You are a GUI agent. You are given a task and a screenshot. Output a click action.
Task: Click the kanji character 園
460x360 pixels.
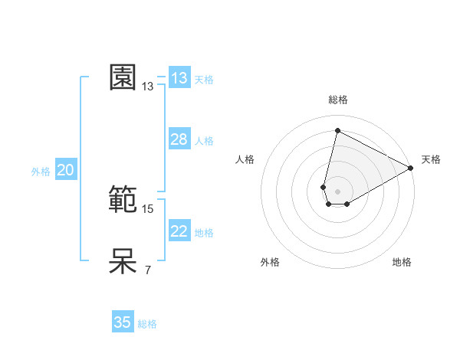pyautogui.click(x=123, y=77)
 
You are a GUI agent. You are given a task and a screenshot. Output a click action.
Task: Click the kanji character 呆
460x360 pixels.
pyautogui.click(x=123, y=261)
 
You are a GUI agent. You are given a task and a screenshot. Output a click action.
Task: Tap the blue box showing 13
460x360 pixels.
pyautogui.click(x=179, y=78)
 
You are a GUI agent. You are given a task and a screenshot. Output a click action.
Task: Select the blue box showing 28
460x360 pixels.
pyautogui.click(x=179, y=139)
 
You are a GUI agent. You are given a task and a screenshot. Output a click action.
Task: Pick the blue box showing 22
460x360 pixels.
pyautogui.click(x=179, y=231)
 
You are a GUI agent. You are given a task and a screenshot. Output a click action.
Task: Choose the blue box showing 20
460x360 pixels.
pyautogui.click(x=65, y=170)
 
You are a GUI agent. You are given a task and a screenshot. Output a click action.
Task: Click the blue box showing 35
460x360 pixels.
pyautogui.click(x=123, y=322)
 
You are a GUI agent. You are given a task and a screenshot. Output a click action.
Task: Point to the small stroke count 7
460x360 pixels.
pyautogui.click(x=148, y=270)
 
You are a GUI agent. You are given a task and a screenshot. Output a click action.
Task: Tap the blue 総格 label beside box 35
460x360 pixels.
pyautogui.click(x=147, y=324)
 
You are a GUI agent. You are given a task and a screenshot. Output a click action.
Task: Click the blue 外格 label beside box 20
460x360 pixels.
pyautogui.click(x=41, y=172)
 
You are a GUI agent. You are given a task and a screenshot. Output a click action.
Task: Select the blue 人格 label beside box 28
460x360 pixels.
pyautogui.click(x=204, y=141)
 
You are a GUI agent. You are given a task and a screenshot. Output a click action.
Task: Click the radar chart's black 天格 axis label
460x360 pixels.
pyautogui.click(x=431, y=159)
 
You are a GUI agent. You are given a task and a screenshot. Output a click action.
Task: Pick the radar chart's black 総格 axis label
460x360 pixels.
pyautogui.click(x=338, y=100)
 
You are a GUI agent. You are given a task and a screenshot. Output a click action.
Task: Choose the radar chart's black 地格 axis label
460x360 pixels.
pyautogui.click(x=402, y=263)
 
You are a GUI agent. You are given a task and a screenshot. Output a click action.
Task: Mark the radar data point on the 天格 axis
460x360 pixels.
pyautogui.click(x=411, y=169)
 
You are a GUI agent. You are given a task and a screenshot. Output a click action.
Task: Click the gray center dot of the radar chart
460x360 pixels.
pyautogui.click(x=337, y=191)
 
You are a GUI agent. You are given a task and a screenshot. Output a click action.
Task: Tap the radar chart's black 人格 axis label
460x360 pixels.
pyautogui.click(x=245, y=159)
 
